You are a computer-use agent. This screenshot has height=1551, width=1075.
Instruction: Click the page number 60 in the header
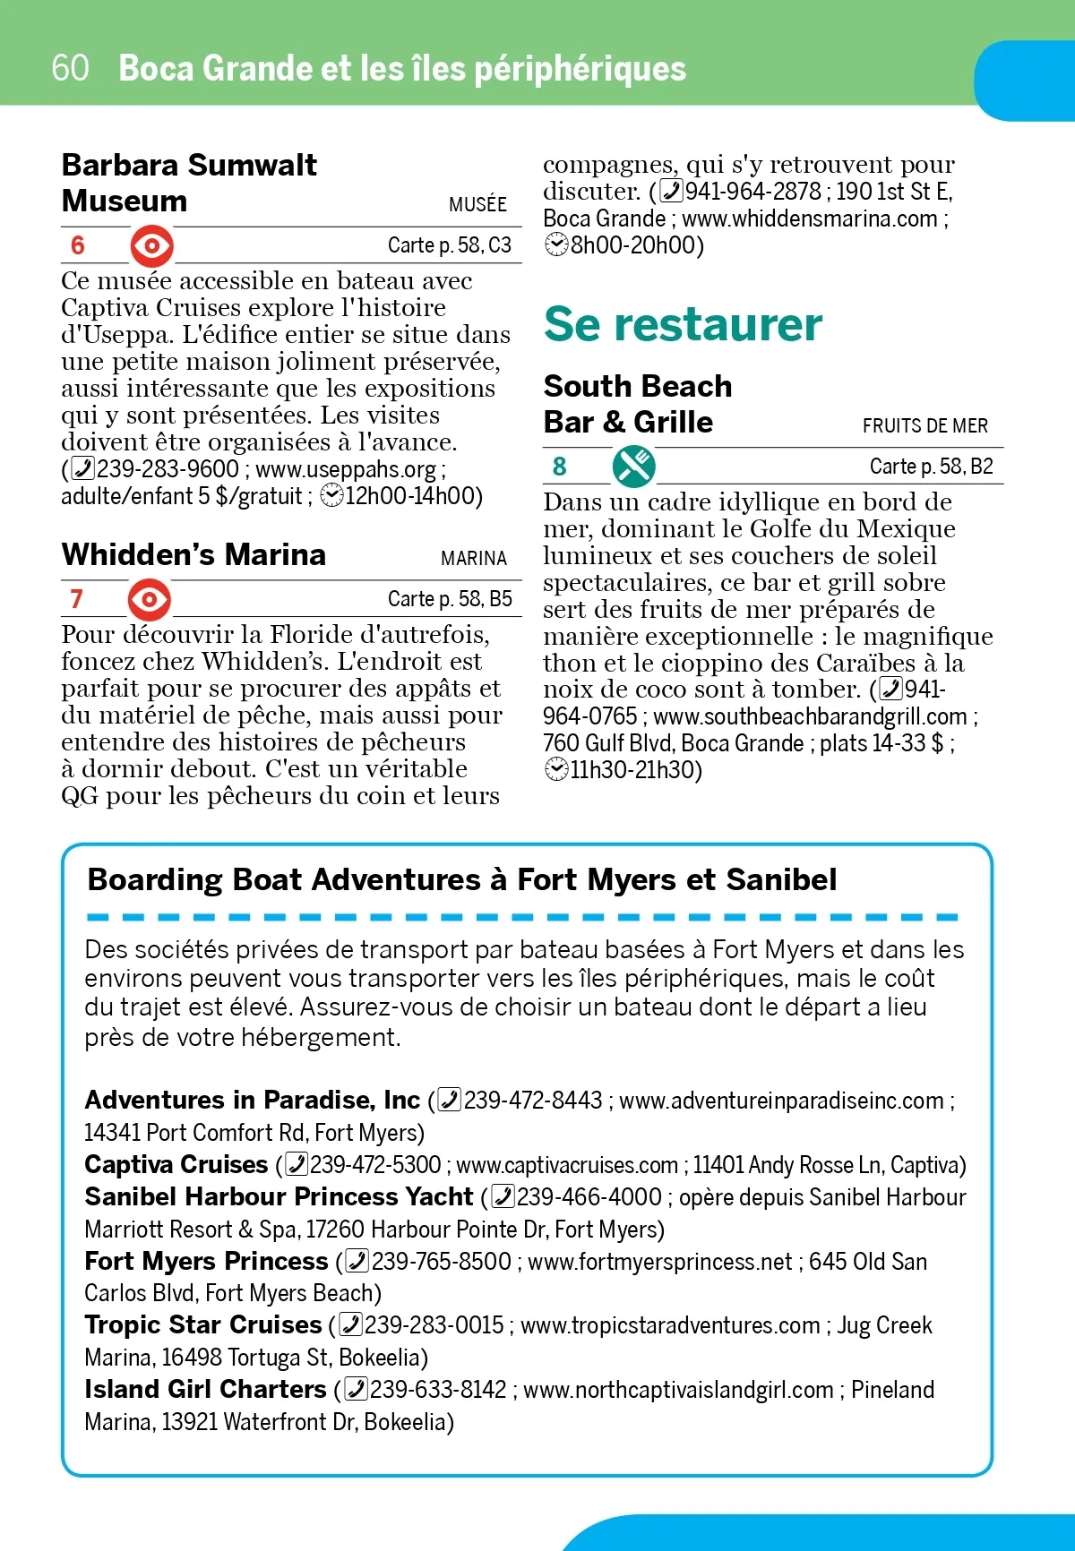pyautogui.click(x=70, y=68)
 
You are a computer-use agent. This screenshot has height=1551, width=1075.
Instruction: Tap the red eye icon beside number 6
pyautogui.click(x=151, y=245)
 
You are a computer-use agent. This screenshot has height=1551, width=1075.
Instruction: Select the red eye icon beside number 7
pyautogui.click(x=149, y=599)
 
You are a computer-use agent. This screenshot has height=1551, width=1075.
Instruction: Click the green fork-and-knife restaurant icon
pyautogui.click(x=633, y=467)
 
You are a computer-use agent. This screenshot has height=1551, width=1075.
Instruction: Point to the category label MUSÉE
pyautogui.click(x=477, y=204)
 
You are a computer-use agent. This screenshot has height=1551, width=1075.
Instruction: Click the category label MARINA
pyautogui.click(x=474, y=559)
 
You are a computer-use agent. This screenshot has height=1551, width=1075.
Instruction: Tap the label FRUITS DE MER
pyautogui.click(x=925, y=425)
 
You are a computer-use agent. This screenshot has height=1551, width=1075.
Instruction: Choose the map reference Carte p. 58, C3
pyautogui.click(x=449, y=245)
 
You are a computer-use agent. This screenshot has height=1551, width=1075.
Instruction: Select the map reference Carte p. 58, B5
pyautogui.click(x=450, y=599)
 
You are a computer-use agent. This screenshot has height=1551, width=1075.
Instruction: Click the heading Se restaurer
pyautogui.click(x=683, y=324)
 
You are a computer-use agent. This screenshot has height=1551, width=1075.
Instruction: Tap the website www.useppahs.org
pyautogui.click(x=346, y=469)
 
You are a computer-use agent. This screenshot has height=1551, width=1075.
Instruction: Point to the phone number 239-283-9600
pyautogui.click(x=168, y=469)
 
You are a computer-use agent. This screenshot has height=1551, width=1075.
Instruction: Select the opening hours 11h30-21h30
pyautogui.click(x=635, y=770)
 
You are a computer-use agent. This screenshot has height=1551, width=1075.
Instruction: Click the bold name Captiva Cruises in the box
pyautogui.click(x=176, y=1164)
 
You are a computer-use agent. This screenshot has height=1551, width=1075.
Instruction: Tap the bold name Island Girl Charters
pyautogui.click(x=205, y=1389)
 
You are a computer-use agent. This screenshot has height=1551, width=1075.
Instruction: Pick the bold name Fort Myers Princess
pyautogui.click(x=206, y=1261)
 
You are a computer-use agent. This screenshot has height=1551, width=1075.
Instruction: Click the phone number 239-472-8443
pyautogui.click(x=533, y=1101)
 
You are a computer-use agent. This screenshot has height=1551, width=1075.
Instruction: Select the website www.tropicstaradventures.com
pyautogui.click(x=670, y=1325)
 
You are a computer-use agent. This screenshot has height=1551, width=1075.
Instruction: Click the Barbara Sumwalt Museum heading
pyautogui.click(x=189, y=183)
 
